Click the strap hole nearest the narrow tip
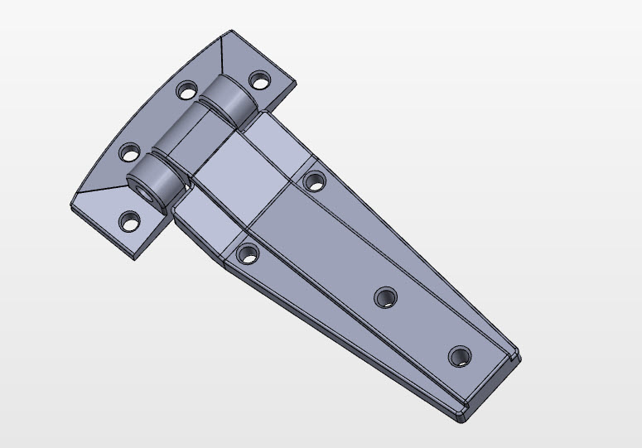[x=459, y=356]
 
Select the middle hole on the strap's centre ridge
[x=385, y=297]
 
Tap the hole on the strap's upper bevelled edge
[x=315, y=180]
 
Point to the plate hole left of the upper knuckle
[x=186, y=89]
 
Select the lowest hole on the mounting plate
[x=129, y=221]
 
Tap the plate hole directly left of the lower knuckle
[x=129, y=152]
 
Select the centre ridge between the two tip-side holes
[x=422, y=327]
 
